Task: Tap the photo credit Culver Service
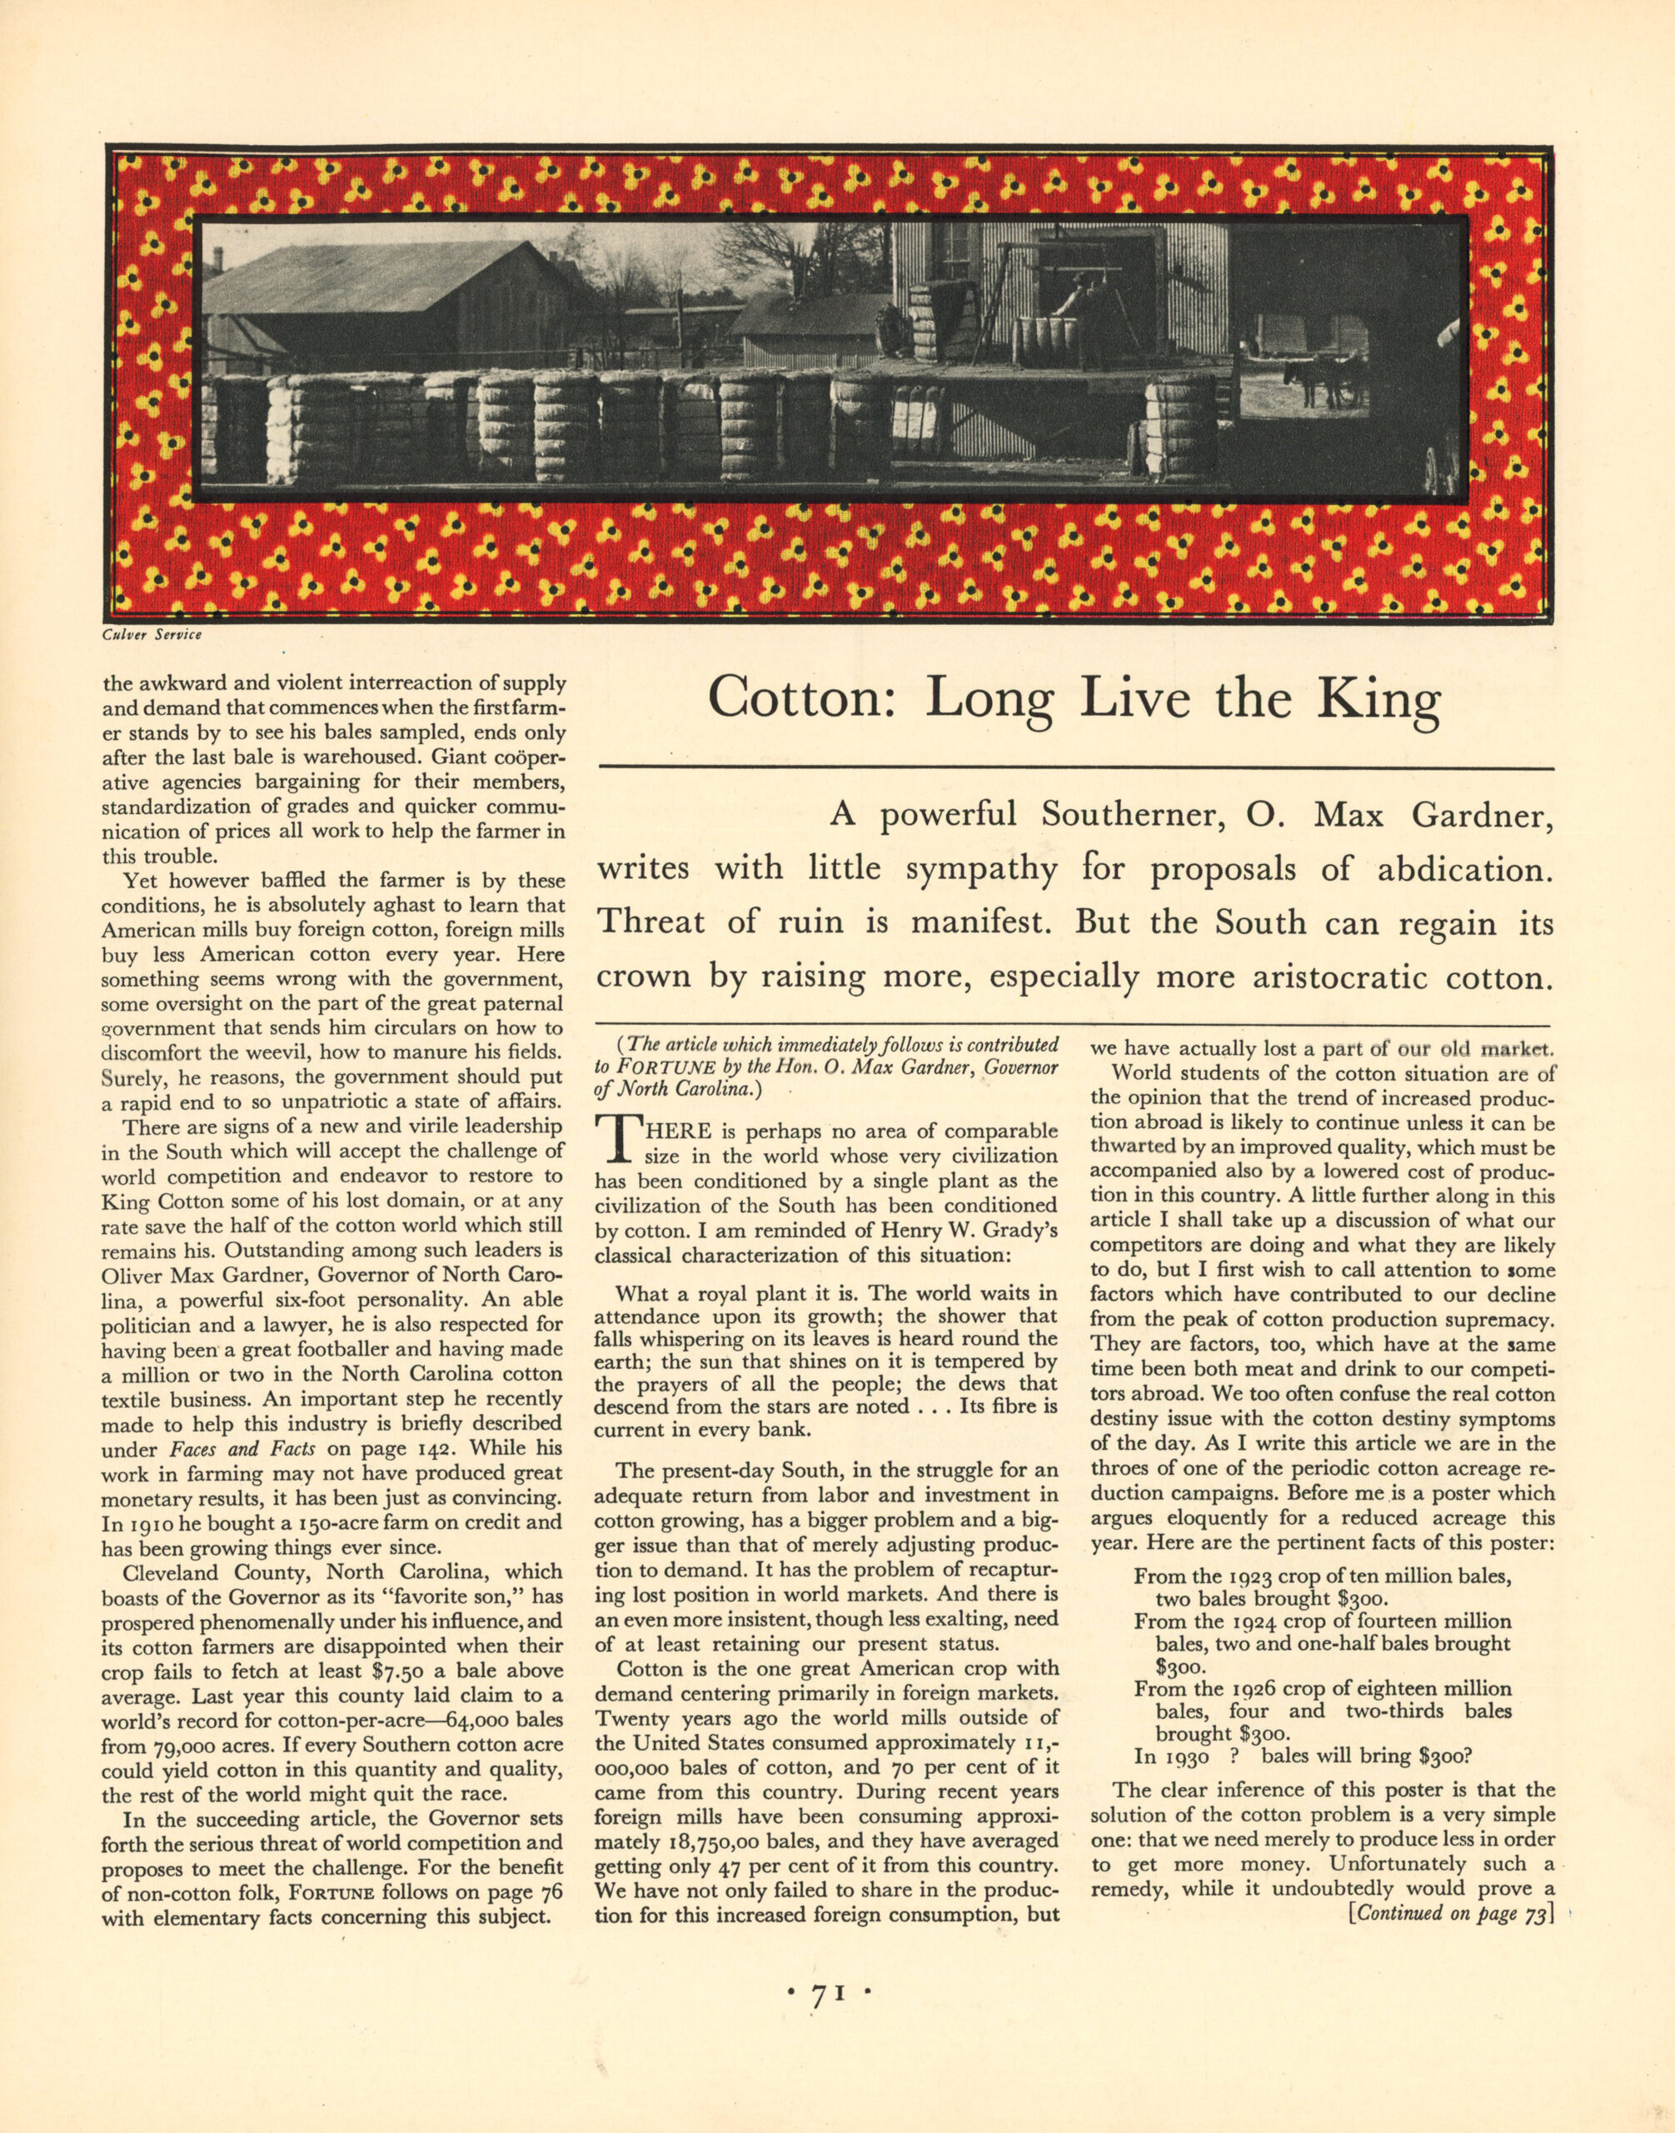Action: click(152, 635)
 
